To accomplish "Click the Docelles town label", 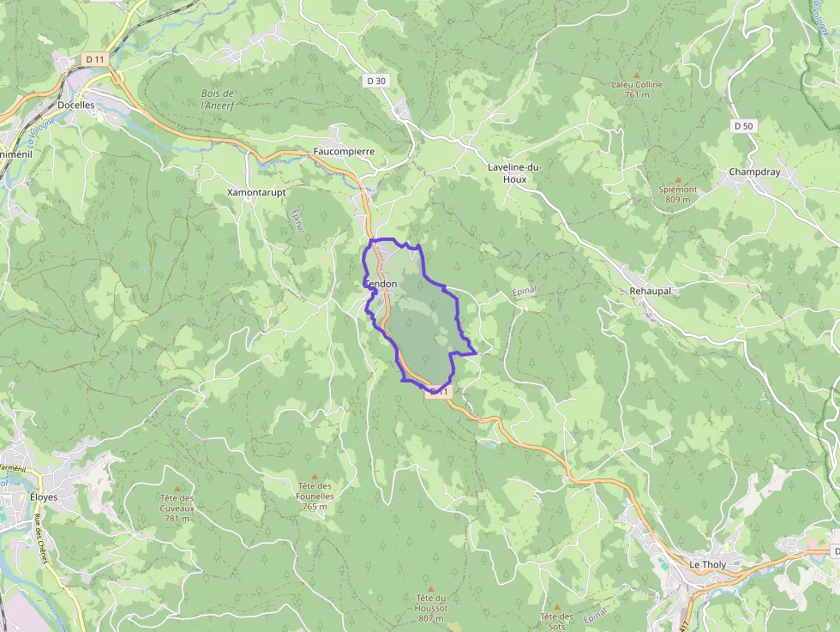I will point(75,105).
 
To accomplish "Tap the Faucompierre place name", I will point(344,151).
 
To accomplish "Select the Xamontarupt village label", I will point(256,193).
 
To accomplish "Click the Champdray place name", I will point(754,172).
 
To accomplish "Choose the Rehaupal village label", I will point(650,291).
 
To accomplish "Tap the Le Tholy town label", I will point(707,565).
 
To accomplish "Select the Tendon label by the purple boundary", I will point(381,284).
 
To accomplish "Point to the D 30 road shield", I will point(376,81).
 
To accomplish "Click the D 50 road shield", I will point(743,125).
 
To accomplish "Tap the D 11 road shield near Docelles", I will point(94,59).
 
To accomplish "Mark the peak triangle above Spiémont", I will point(678,178).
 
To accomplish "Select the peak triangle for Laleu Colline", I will point(636,75).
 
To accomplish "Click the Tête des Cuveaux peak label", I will point(177,508).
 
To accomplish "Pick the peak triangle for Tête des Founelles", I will point(314,476).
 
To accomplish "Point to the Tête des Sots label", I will point(556,621).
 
